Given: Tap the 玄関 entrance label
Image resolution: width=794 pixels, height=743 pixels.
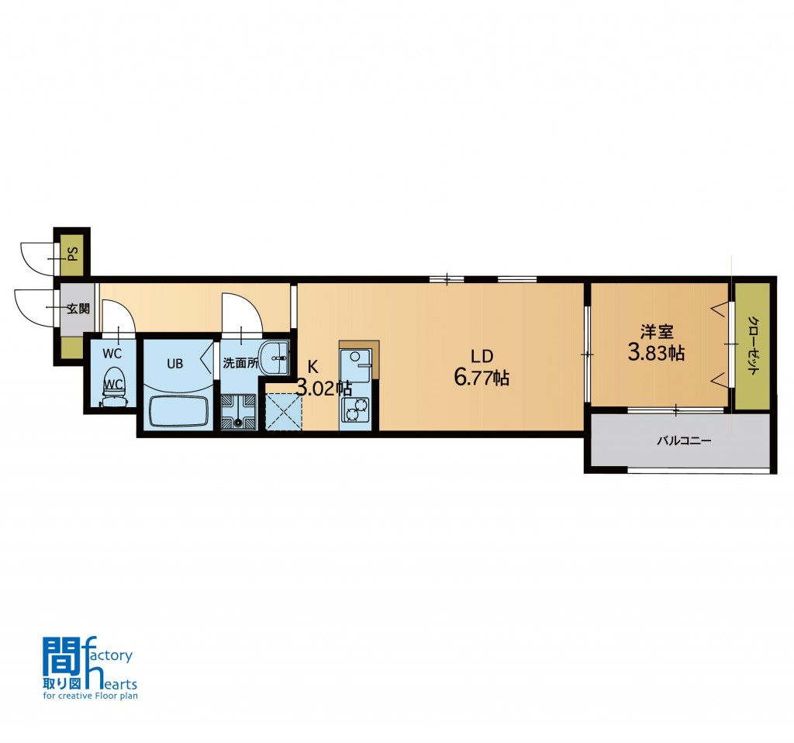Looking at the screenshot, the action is tap(78, 309).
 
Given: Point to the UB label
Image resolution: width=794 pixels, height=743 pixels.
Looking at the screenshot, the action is tap(174, 364).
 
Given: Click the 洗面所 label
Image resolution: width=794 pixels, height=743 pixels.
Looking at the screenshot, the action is tap(240, 363).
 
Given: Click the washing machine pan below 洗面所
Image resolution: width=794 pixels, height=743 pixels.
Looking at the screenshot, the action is tap(239, 412).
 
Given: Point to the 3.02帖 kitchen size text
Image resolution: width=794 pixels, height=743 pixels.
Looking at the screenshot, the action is tap(324, 389).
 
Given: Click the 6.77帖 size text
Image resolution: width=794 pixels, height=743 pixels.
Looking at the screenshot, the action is tap(482, 378).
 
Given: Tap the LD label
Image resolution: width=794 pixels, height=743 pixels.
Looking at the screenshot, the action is tap(482, 356).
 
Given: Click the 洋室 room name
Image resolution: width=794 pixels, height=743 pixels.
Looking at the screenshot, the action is tap(656, 332).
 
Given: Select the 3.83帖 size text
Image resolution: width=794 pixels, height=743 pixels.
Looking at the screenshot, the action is tap(656, 353).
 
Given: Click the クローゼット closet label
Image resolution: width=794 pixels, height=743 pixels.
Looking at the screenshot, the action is tap(753, 345).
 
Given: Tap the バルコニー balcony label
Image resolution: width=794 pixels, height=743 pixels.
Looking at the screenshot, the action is tap(684, 441).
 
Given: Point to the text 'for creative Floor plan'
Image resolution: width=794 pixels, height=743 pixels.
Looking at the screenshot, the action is tap(91, 696).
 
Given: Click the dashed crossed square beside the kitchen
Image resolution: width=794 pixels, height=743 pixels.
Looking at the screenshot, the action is tap(284, 413).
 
